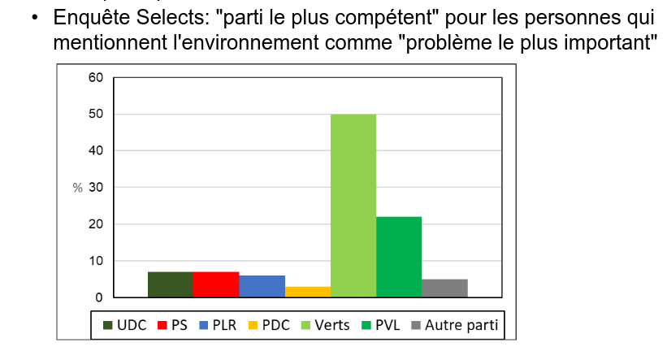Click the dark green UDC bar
click(x=171, y=284)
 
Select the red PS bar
click(x=216, y=284)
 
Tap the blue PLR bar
click(x=262, y=286)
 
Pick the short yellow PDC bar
click(x=307, y=292)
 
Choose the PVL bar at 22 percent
click(x=399, y=257)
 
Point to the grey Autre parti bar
click(x=444, y=288)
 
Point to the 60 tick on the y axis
click(x=96, y=78)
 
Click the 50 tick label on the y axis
click(x=96, y=115)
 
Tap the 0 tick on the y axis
click(x=99, y=297)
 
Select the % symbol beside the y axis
click(x=77, y=188)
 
